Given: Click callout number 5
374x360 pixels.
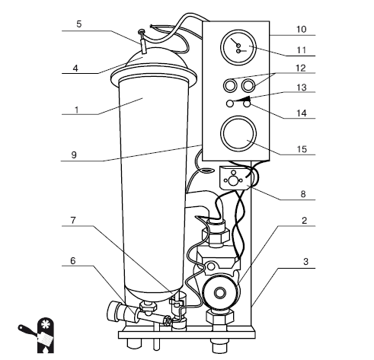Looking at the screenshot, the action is [79, 24].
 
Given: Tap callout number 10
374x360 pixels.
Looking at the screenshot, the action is [302, 30].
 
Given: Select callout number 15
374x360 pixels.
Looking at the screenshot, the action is [302, 149].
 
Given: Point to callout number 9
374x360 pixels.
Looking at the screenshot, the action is [74, 155].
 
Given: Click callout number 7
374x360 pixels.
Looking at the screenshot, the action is [73, 220].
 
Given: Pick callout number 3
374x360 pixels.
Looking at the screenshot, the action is [305, 261].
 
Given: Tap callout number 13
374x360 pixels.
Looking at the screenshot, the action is [302, 88].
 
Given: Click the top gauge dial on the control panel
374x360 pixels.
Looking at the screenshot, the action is [238, 48].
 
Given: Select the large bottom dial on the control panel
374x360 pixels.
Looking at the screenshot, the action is [238, 134].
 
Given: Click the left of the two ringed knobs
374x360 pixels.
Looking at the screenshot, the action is [230, 85].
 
